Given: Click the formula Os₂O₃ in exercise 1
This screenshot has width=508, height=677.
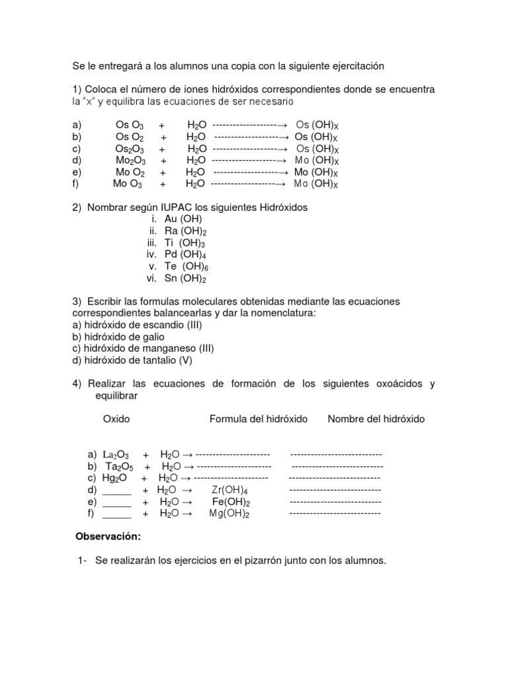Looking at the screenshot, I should (x=130, y=149).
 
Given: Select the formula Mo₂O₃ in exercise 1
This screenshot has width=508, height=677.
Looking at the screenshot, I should (x=130, y=161).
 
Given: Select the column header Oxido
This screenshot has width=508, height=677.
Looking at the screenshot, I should (x=116, y=419).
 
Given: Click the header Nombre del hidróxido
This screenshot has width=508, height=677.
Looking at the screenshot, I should (x=376, y=419).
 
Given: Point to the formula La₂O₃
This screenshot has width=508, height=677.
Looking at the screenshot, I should (x=116, y=455).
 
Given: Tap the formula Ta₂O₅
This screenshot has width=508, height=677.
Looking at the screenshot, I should (x=119, y=467).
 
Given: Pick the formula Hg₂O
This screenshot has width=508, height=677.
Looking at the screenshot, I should (x=115, y=478).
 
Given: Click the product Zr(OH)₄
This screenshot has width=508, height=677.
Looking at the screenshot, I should (x=230, y=490).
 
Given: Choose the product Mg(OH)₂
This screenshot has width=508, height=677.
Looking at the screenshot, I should (x=230, y=514).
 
